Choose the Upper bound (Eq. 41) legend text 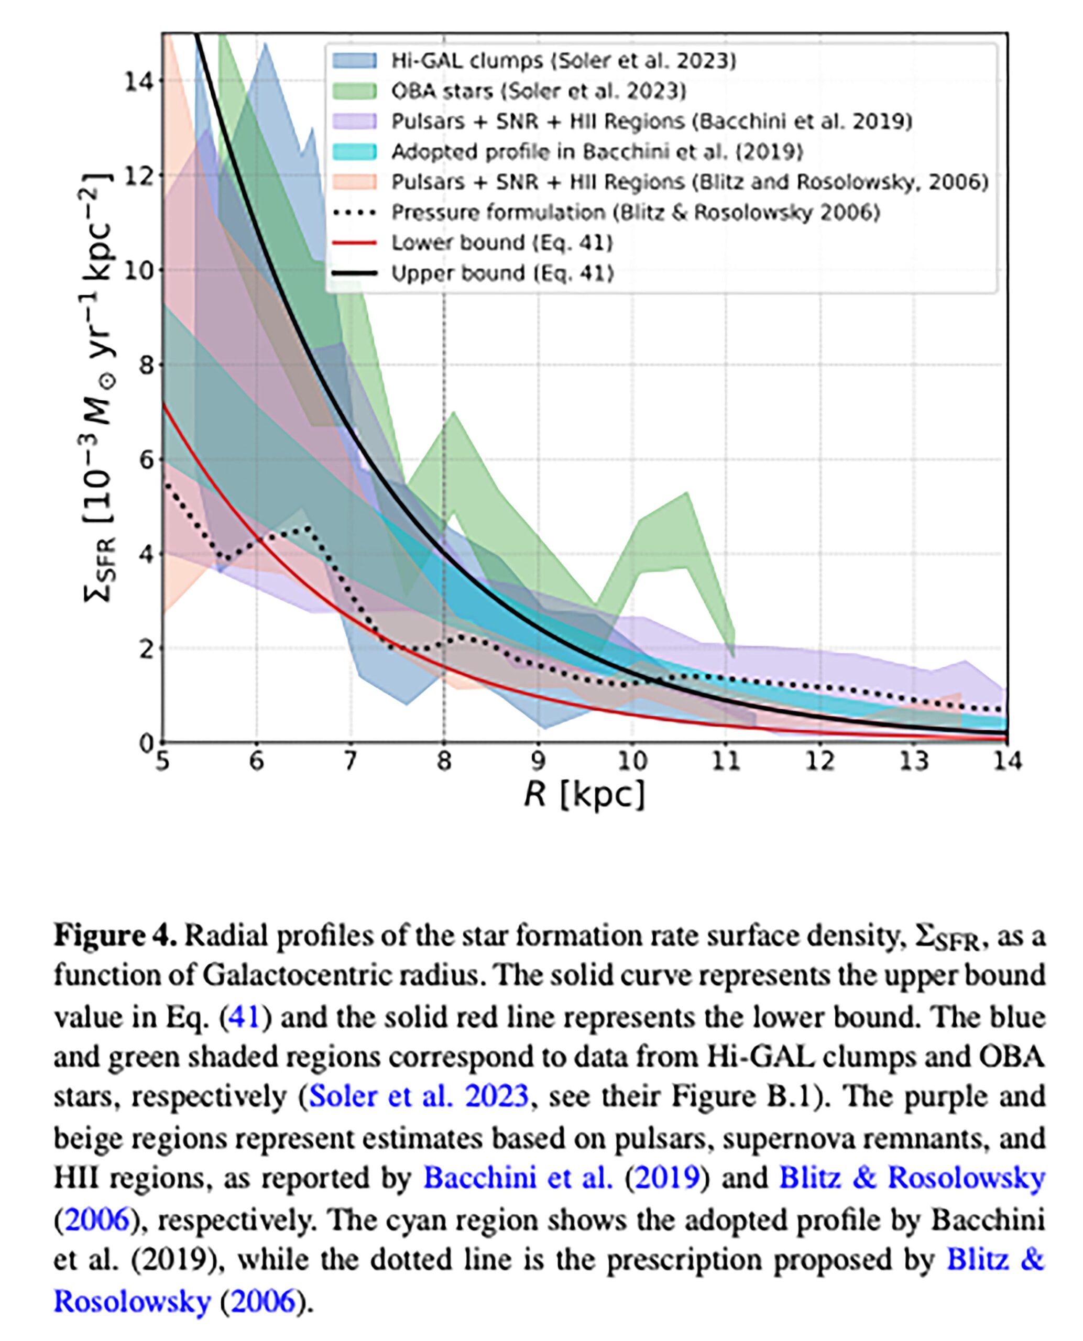[x=502, y=273]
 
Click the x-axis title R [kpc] [x=584, y=795]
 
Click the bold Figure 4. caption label [x=115, y=936]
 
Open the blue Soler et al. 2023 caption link [x=419, y=1096]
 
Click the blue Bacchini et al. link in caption [x=518, y=1178]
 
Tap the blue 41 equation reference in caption [x=244, y=1016]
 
